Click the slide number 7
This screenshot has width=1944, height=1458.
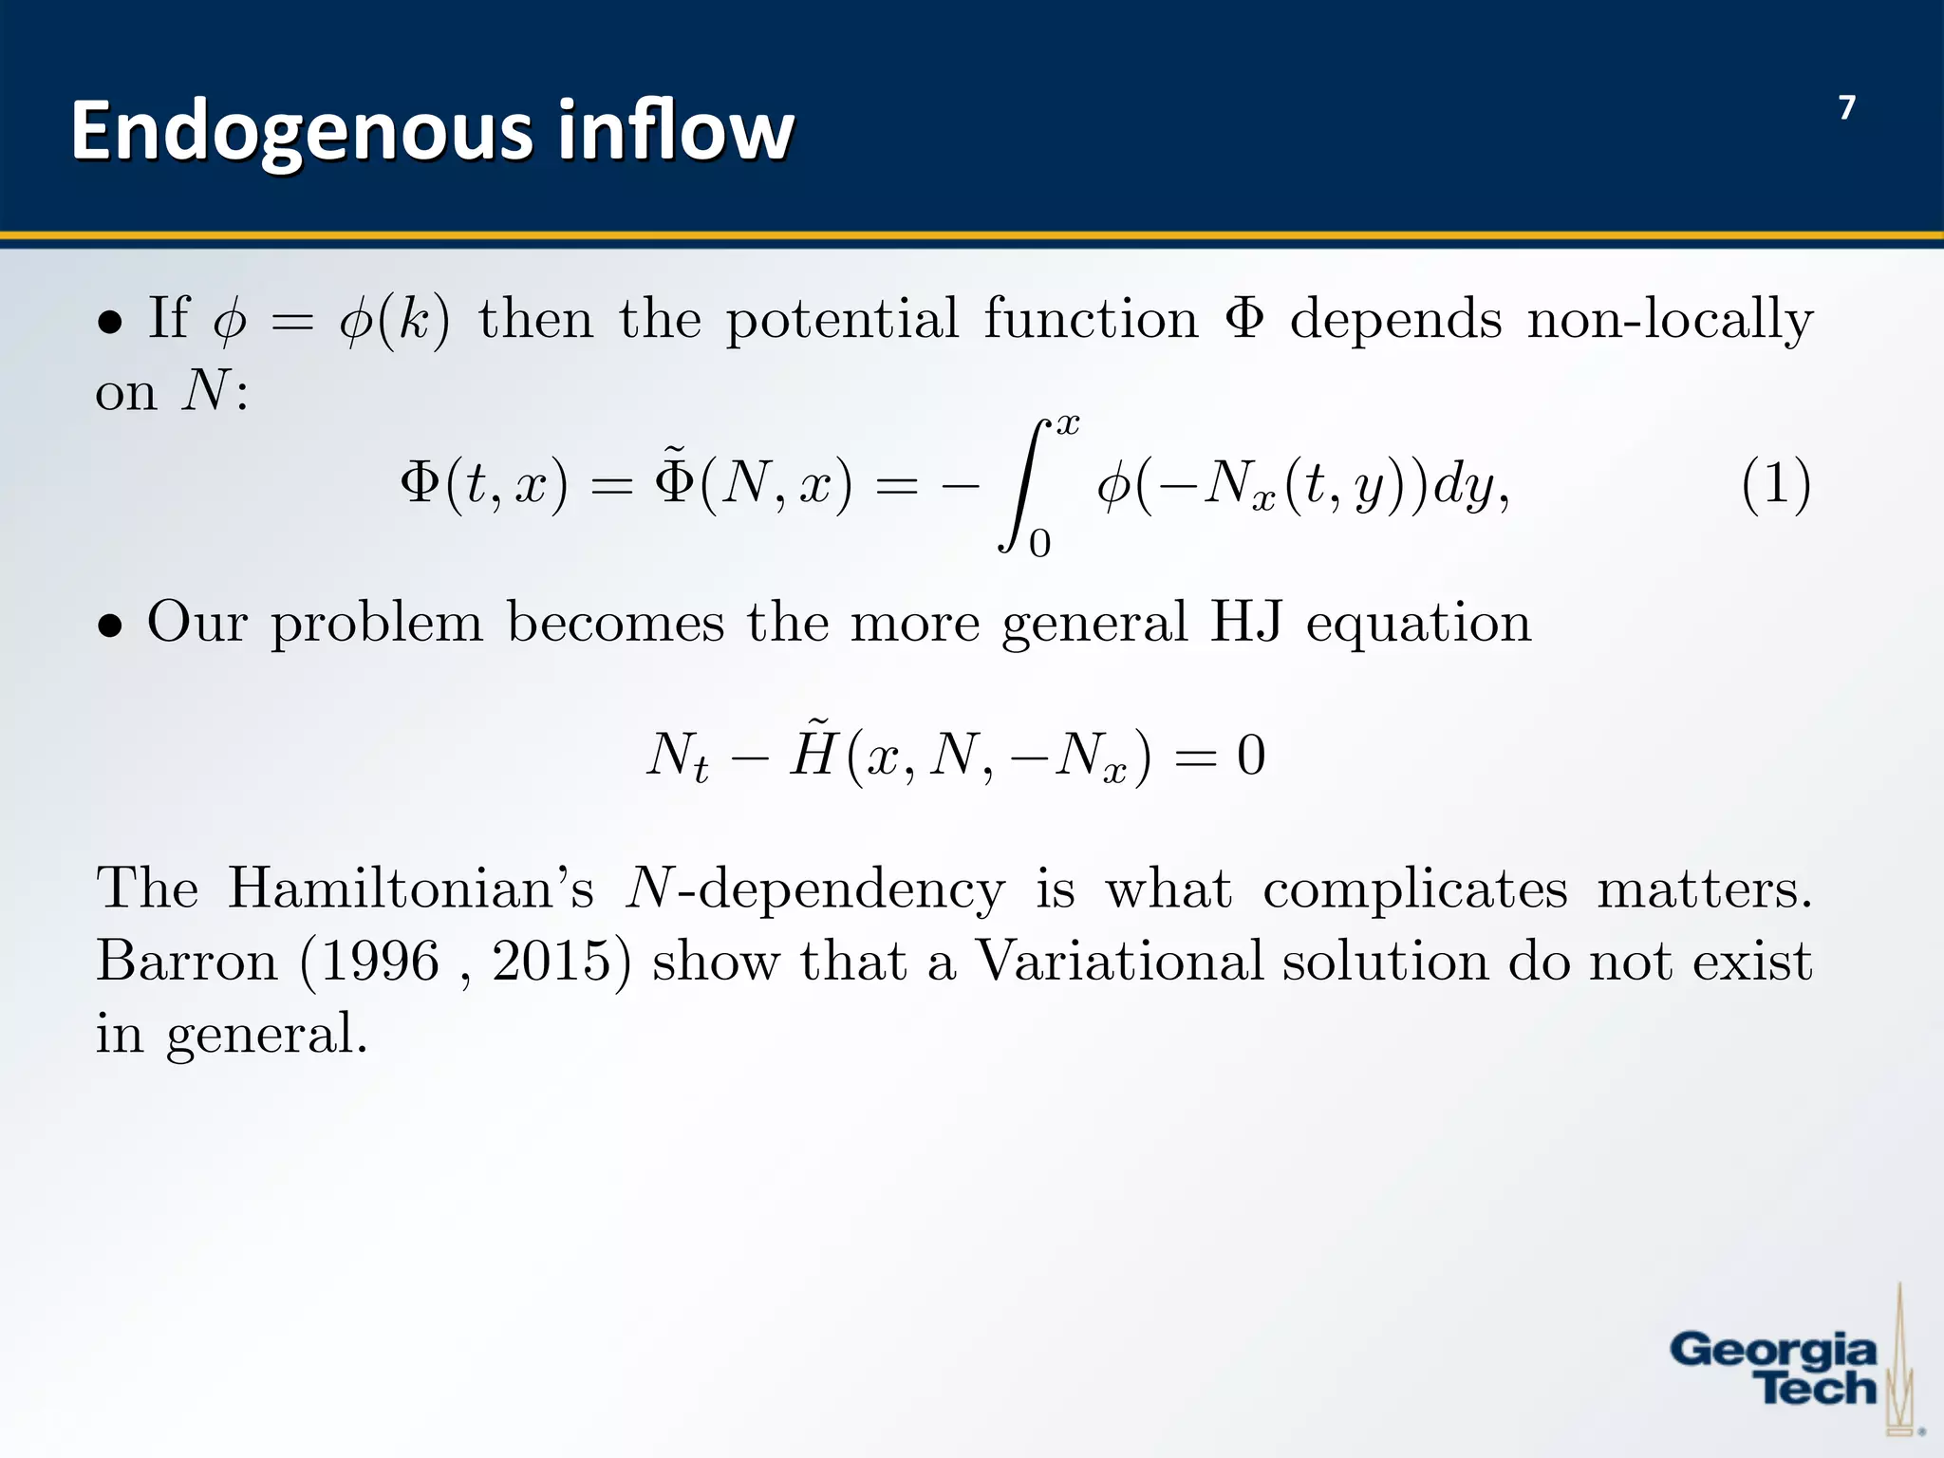1846,108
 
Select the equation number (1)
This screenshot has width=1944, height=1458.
1776,485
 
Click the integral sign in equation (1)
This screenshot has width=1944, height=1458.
1024,485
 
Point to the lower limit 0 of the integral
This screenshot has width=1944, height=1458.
1040,544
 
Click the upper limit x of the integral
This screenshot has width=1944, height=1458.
1068,424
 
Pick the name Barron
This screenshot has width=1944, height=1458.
187,961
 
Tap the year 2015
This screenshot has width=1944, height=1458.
551,961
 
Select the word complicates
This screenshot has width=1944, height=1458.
1414,889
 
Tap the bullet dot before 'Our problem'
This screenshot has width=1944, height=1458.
110,626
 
